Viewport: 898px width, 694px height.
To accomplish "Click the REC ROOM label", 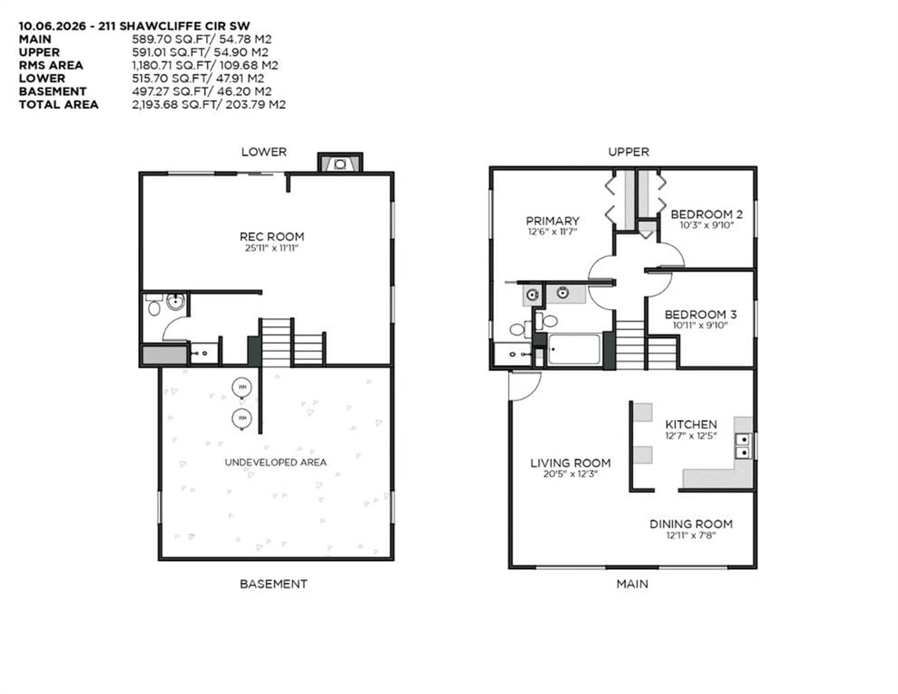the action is [x=272, y=237].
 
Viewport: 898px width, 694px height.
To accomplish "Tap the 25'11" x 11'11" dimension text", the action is [x=272, y=248].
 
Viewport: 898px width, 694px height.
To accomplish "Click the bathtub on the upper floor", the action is [x=574, y=349].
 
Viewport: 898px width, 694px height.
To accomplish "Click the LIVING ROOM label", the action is [x=570, y=463].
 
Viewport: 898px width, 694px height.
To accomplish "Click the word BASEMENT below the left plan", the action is [x=273, y=584].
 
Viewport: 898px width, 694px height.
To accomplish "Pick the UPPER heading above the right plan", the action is [x=629, y=152].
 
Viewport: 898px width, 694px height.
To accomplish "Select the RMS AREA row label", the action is [x=51, y=65].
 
